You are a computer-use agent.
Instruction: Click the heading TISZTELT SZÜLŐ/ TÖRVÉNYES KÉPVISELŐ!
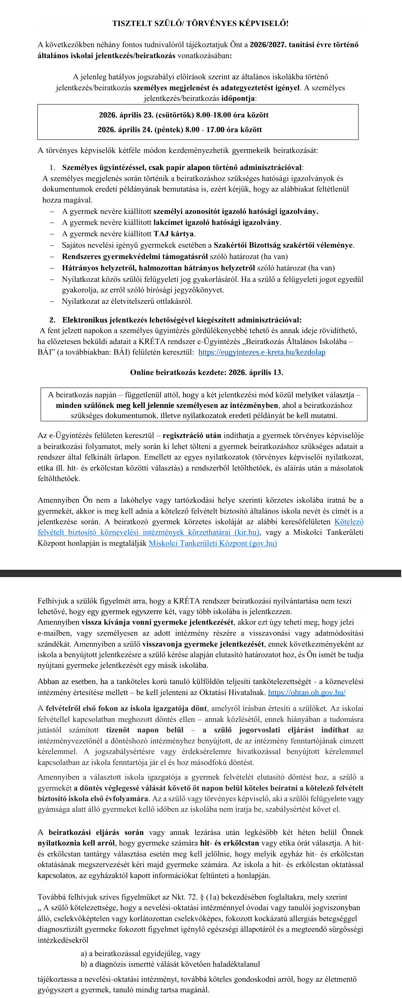(x=201, y=24)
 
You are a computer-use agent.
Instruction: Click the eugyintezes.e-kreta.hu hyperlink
(x=262, y=352)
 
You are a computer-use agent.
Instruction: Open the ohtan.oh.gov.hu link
(x=307, y=692)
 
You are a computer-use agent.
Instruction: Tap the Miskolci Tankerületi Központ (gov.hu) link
(x=213, y=543)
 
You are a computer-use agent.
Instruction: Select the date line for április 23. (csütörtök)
(x=184, y=115)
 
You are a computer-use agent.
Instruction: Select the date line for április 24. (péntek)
(x=179, y=130)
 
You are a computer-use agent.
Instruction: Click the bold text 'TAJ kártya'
(x=174, y=234)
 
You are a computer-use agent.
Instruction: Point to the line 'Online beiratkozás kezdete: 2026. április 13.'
(x=206, y=373)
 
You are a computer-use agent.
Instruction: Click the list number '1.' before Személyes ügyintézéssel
(x=52, y=168)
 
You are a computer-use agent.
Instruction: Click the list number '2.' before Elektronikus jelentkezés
(x=52, y=320)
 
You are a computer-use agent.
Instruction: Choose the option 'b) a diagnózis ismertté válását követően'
(x=170, y=964)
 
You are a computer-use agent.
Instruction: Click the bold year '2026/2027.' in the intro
(x=268, y=45)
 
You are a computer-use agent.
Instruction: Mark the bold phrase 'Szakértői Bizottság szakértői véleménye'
(x=283, y=245)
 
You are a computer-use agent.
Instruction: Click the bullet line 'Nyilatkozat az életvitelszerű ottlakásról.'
(x=127, y=301)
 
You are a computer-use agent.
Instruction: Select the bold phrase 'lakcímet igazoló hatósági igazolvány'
(x=216, y=222)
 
